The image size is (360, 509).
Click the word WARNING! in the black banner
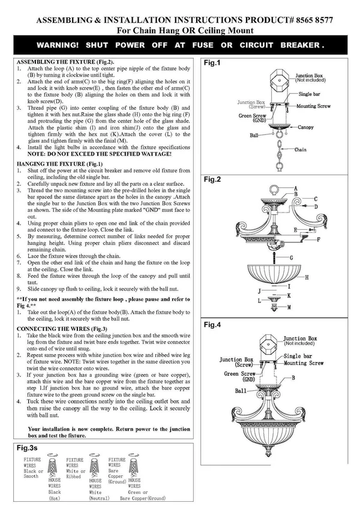[x=58, y=45]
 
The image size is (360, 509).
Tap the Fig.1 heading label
[x=212, y=62]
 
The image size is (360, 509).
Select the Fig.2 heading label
[x=212, y=179]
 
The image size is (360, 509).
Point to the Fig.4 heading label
[x=212, y=325]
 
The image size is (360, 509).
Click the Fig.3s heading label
[x=27, y=448]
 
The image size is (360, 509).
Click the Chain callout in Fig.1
[x=300, y=149]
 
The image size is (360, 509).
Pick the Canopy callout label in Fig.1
[x=306, y=127]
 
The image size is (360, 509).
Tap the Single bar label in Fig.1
[x=310, y=94]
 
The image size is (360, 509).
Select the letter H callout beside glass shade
[x=307, y=277]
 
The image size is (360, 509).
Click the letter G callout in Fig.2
[x=291, y=258]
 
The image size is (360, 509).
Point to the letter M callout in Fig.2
[x=289, y=307]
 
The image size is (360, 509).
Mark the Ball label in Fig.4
[x=241, y=391]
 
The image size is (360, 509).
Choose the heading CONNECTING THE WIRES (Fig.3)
[x=62, y=329]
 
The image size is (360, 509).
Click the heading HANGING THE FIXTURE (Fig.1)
[x=60, y=164]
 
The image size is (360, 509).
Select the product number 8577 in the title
[x=324, y=20]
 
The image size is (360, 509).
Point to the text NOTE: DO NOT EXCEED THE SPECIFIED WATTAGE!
[x=100, y=154]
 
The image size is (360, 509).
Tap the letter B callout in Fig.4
[x=293, y=378]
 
